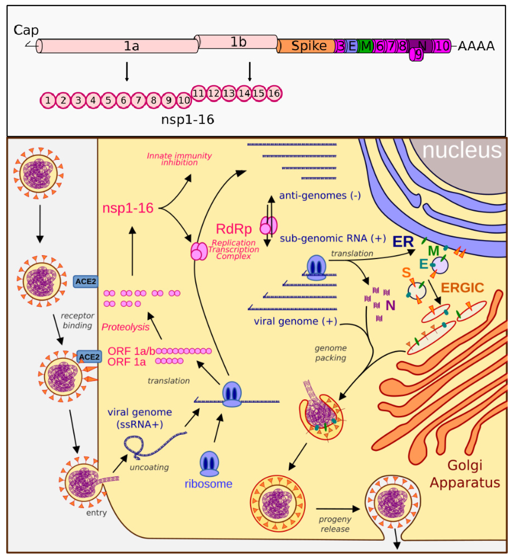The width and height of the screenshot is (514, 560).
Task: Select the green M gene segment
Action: [366, 46]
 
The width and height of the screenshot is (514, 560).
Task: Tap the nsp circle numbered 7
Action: [138, 100]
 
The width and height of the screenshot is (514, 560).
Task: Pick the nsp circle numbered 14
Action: [244, 93]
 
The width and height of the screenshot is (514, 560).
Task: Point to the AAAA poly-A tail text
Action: [476, 46]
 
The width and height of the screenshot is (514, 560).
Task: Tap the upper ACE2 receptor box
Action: [85, 281]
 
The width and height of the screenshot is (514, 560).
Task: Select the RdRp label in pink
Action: [234, 229]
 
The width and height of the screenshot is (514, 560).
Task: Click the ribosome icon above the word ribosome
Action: [209, 463]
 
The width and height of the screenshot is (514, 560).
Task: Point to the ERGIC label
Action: [462, 288]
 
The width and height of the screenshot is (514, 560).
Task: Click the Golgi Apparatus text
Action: [464, 474]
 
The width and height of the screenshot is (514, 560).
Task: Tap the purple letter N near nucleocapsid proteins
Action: [390, 306]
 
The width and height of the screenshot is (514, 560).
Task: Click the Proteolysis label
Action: [125, 327]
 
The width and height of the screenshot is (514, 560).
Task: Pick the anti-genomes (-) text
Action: [320, 195]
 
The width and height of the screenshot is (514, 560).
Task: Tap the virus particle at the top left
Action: [38, 174]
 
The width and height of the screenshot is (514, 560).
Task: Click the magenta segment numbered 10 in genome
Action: [442, 46]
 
